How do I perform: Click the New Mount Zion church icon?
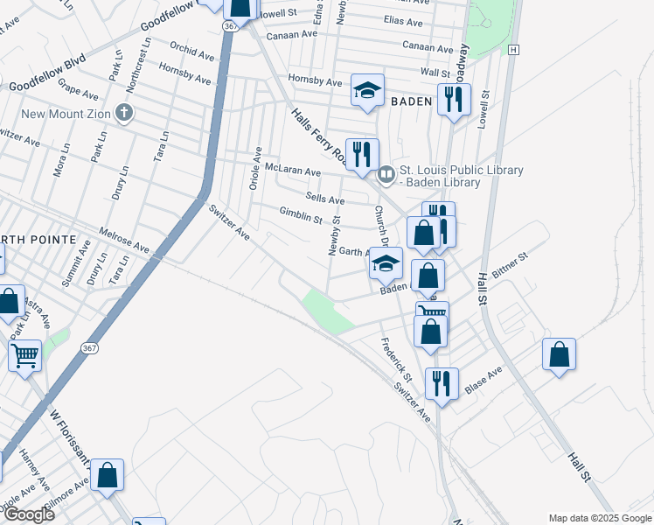coord(125,113)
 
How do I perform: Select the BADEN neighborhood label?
coord(412,102)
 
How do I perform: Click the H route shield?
coord(514,50)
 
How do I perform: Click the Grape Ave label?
coord(80,90)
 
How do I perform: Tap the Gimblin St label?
coord(301,213)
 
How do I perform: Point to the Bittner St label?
coord(511,265)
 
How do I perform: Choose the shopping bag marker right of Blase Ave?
coord(559,355)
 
